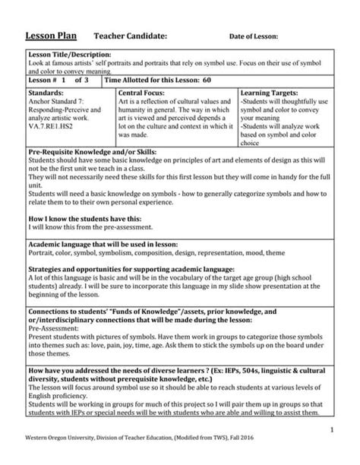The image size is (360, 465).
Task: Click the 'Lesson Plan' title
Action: pyautogui.click(x=52, y=36)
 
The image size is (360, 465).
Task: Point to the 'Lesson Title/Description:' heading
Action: pyautogui.click(x=70, y=55)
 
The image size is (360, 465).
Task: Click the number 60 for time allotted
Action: pyautogui.click(x=207, y=79)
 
